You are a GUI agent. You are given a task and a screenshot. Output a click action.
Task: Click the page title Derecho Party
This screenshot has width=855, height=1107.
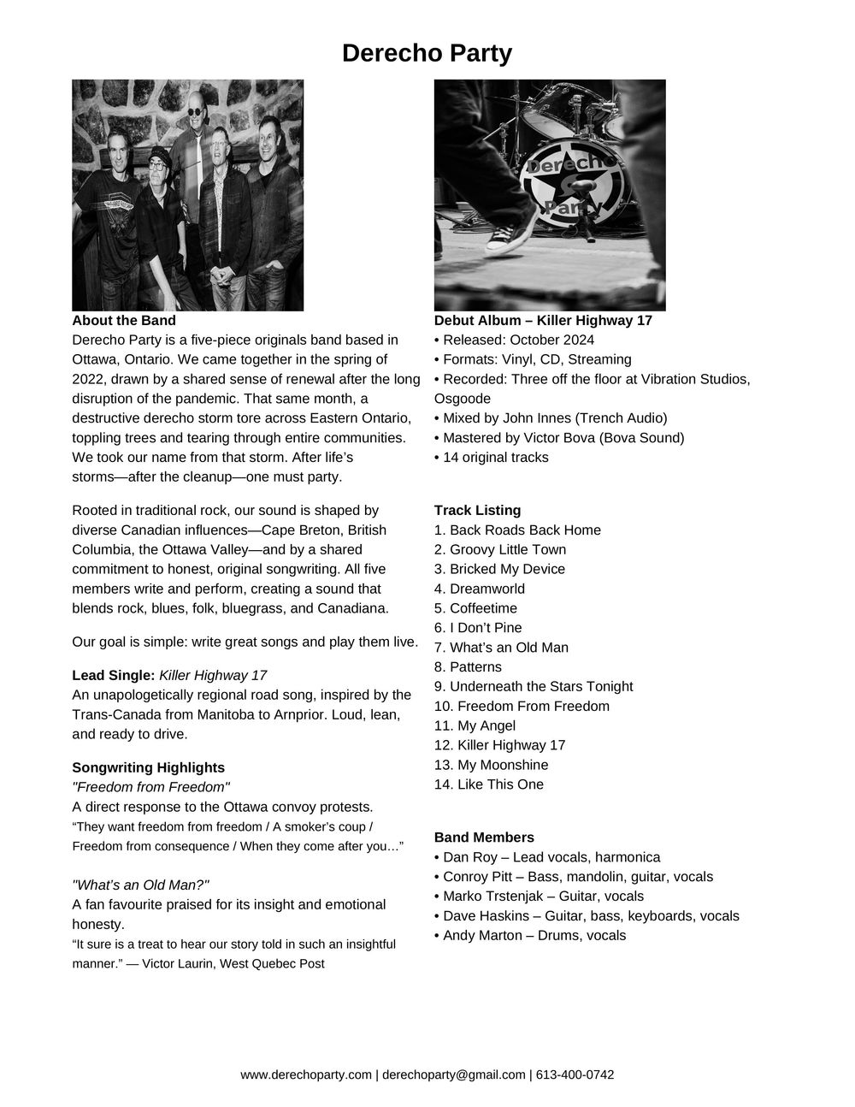(x=427, y=53)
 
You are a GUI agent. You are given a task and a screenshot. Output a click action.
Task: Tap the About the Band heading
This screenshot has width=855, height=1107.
(x=124, y=321)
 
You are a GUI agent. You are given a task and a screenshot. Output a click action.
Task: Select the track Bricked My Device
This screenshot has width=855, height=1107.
(x=499, y=569)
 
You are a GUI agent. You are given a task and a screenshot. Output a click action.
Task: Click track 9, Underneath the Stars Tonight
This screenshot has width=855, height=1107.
(x=534, y=686)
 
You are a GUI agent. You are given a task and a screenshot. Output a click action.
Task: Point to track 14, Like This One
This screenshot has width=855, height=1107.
(x=489, y=784)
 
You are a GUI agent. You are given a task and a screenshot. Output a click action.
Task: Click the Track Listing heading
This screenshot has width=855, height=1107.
(x=477, y=511)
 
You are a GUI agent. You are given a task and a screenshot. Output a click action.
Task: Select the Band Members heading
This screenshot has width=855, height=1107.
(x=484, y=838)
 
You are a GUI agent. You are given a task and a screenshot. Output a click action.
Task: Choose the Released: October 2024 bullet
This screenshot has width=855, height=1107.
(x=515, y=340)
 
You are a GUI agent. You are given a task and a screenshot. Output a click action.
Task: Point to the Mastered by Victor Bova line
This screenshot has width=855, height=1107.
(x=559, y=438)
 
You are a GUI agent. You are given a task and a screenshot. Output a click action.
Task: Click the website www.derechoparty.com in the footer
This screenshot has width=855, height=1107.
(x=306, y=1074)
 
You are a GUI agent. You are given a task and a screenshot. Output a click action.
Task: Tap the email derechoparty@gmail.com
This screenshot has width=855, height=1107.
(x=453, y=1074)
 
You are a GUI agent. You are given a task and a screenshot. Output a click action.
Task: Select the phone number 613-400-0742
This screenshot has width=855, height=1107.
(x=575, y=1074)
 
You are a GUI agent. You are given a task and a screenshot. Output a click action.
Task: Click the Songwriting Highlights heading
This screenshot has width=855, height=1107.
(x=149, y=767)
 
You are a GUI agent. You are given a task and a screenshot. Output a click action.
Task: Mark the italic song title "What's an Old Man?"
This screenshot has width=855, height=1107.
(x=140, y=885)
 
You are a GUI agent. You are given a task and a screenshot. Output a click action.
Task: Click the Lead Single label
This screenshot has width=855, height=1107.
(x=114, y=675)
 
